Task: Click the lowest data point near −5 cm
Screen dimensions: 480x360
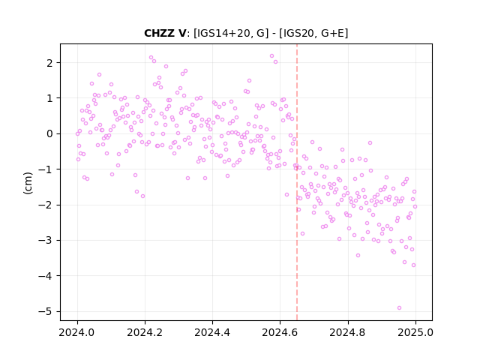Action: coord(399,308)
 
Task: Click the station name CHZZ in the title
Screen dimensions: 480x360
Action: coord(159,33)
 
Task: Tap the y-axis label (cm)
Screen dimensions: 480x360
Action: coord(28,183)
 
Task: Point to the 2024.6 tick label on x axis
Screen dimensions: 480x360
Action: coord(280,332)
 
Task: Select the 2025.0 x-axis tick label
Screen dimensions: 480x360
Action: coord(415,332)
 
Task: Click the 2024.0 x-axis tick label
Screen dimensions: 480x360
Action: coord(77,332)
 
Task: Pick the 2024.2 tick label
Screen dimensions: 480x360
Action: coord(145,332)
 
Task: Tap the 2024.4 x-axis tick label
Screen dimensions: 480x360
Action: coord(212,332)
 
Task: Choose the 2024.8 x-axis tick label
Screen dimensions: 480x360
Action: coord(348,332)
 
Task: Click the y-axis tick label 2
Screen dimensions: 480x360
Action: coord(50,63)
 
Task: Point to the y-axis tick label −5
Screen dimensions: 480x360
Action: coord(46,312)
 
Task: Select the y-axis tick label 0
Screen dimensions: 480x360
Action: coord(50,133)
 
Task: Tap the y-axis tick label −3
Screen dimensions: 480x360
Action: coord(46,240)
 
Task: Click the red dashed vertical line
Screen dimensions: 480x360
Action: coord(297,182)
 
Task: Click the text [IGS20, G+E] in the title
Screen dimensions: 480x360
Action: coord(313,33)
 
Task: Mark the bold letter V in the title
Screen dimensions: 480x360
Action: coord(181,33)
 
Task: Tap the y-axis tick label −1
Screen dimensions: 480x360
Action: coord(46,169)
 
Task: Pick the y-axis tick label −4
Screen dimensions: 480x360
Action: coord(46,276)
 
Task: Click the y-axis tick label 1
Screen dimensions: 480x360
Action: coord(50,98)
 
